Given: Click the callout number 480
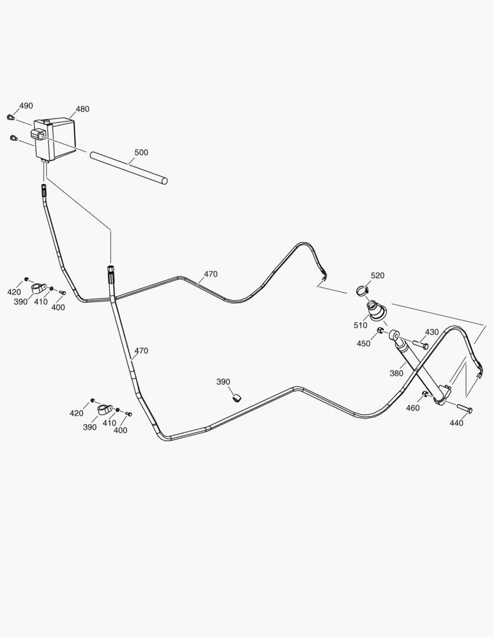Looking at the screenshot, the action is [x=83, y=109].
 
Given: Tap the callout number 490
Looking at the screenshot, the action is [x=26, y=106].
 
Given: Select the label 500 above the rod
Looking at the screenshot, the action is [x=141, y=152].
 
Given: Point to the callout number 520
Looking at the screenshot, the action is [x=377, y=275].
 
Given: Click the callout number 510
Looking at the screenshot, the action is [x=360, y=325].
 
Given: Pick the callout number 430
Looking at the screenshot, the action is [x=432, y=332].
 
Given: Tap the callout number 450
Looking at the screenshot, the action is [x=364, y=343].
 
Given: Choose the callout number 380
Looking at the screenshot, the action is [x=397, y=373].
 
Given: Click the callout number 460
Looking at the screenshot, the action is [x=413, y=408].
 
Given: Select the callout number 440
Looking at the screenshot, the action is [x=456, y=423].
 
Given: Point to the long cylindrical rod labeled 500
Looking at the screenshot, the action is [x=129, y=168].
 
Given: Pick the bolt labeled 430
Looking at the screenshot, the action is [x=420, y=345].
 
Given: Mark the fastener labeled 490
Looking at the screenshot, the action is [x=11, y=117].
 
